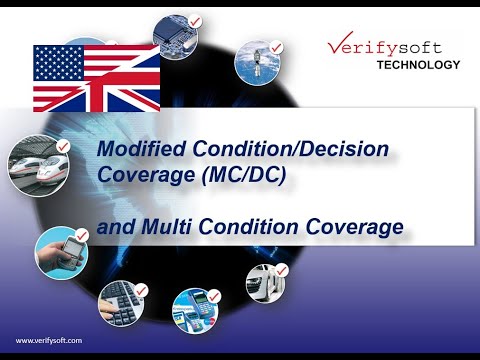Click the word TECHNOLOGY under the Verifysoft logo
pos(418,65)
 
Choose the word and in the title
pos(120,227)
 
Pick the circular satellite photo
pos(256,60)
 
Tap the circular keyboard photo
pos(123,304)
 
